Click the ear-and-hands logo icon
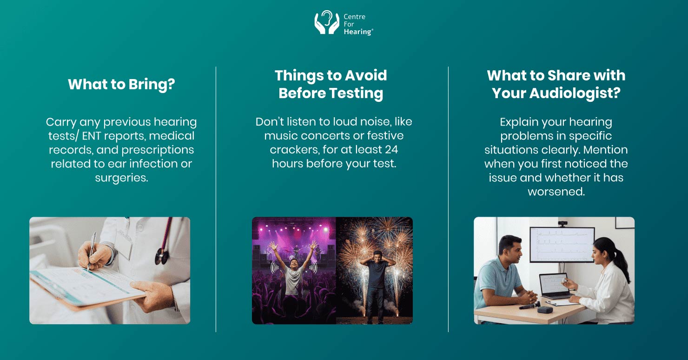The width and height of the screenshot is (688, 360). [x=327, y=23]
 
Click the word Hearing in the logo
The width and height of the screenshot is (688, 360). [x=357, y=32]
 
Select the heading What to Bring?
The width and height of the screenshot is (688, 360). [x=121, y=84]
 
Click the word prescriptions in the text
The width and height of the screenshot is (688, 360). [x=158, y=150]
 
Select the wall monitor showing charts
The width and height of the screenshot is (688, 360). [x=562, y=245]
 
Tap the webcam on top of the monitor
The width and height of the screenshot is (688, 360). [x=562, y=224]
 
